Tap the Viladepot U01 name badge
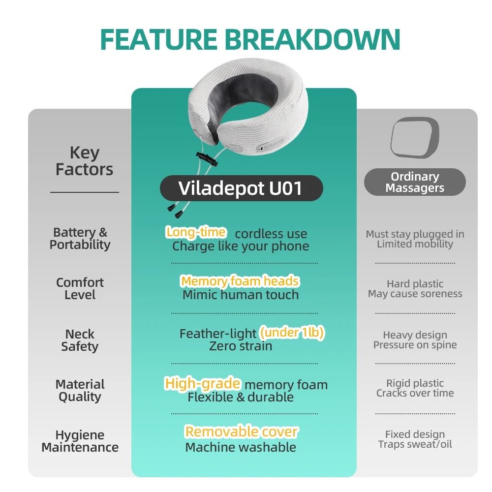pos(241,188)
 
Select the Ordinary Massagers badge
pos(414,182)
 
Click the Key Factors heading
pos(84,161)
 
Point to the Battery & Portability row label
pos(80,238)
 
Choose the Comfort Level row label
pos(80,288)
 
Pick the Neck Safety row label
pos(80,340)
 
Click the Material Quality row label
pos(80,390)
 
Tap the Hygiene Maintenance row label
pos(80,441)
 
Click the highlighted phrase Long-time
pos(196,232)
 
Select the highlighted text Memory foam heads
pos(240,281)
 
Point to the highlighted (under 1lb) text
pos(292,333)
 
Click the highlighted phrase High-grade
pos(203,383)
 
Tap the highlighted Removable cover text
pos(241,432)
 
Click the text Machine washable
pos(241,447)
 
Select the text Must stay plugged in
pos(415,234)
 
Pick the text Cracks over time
pos(415,393)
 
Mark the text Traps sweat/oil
pos(415,444)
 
